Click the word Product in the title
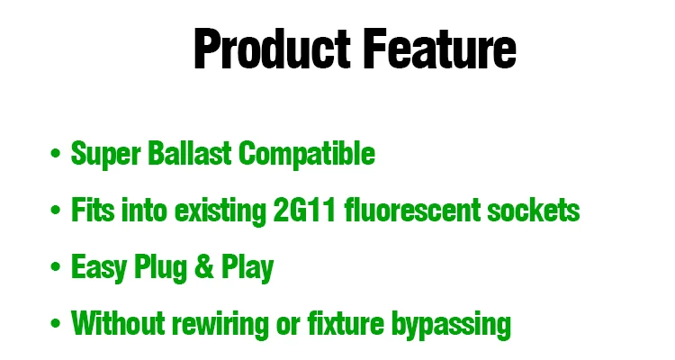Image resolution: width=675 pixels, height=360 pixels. pyautogui.click(x=272, y=48)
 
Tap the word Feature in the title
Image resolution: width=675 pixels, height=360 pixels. pyautogui.click(x=440, y=48)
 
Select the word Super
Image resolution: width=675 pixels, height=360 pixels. pyautogui.click(x=105, y=154)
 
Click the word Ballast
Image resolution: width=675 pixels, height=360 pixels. pyautogui.click(x=189, y=153)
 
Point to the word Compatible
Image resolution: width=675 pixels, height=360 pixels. pyautogui.click(x=307, y=154)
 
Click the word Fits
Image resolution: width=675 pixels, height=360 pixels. pyautogui.click(x=93, y=210)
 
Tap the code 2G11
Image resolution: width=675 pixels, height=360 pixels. pyautogui.click(x=304, y=210)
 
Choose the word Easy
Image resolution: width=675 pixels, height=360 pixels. pyautogui.click(x=99, y=268)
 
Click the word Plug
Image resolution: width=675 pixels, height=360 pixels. pyautogui.click(x=160, y=268)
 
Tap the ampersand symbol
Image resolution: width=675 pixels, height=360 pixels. pyautogui.click(x=204, y=266)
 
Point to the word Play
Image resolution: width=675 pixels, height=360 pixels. pyautogui.click(x=247, y=268)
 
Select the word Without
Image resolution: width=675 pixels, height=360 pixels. pyautogui.click(x=118, y=322)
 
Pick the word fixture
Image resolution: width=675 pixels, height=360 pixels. pyautogui.click(x=346, y=322)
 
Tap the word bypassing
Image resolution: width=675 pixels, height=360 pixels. pyautogui.click(x=451, y=324)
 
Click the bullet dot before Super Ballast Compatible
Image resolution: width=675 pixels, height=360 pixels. pyautogui.click(x=55, y=153)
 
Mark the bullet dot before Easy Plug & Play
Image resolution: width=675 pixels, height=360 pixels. pyautogui.click(x=55, y=266)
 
